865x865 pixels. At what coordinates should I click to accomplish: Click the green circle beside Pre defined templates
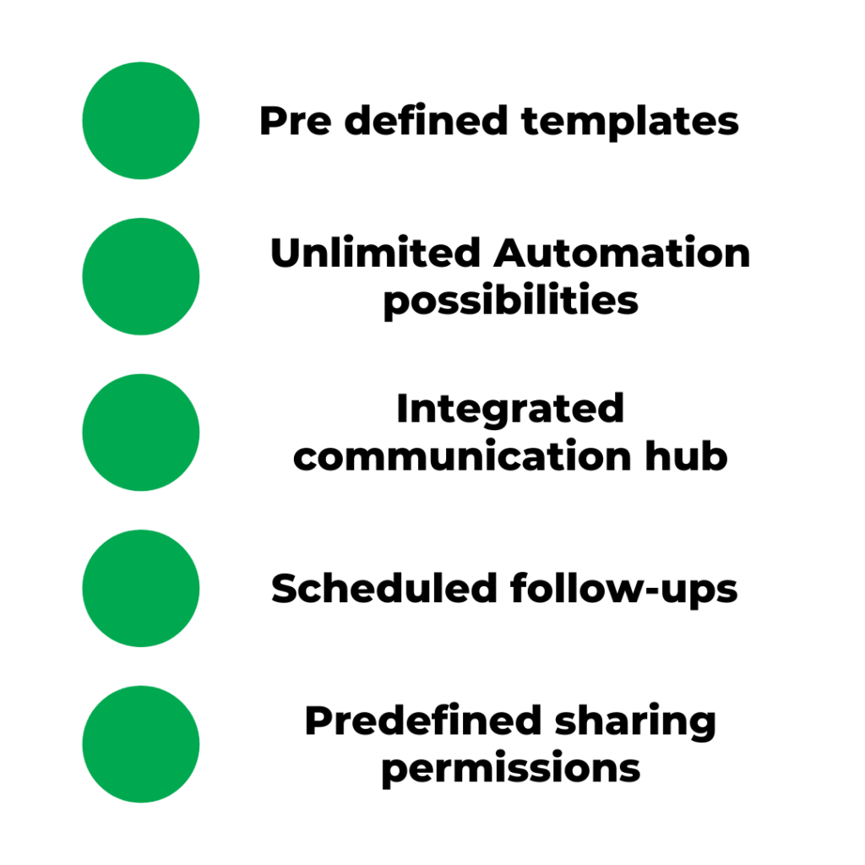pos(141,120)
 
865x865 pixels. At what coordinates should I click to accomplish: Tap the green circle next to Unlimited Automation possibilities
pos(141,276)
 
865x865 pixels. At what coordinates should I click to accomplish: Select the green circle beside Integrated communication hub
pos(141,432)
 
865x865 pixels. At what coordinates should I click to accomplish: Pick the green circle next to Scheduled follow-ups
pos(141,588)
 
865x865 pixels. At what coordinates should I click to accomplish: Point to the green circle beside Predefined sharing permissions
pos(141,744)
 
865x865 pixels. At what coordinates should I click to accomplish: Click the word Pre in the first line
pos(296,120)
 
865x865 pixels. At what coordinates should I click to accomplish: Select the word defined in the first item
pos(426,119)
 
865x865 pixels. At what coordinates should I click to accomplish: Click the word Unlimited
pos(375,253)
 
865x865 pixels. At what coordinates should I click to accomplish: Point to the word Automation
pos(622,253)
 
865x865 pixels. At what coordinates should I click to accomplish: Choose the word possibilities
pos(511,302)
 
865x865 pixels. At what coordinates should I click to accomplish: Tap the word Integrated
pos(510,411)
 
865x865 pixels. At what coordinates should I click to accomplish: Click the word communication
pos(462,456)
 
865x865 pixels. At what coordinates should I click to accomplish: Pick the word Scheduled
pos(384,588)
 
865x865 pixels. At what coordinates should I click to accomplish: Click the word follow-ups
pos(624,589)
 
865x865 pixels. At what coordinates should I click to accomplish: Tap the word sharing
pos(635,722)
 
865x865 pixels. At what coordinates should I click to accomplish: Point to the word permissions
pos(511,770)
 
